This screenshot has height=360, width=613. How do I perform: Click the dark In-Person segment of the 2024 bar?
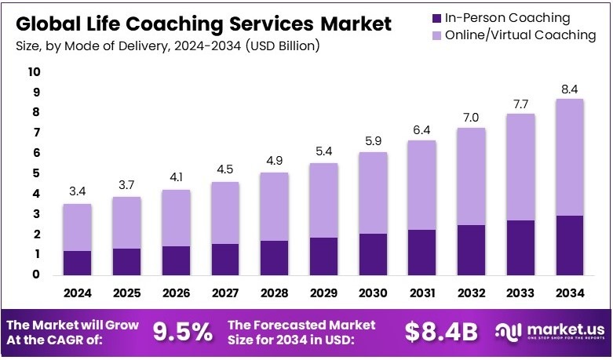77,263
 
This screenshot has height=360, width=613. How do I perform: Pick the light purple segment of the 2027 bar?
224,213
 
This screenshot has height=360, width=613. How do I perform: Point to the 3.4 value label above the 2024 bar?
77,190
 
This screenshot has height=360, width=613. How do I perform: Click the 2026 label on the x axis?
175,294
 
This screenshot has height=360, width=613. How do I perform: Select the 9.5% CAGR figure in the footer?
181,332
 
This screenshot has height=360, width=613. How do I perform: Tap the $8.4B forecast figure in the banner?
441,332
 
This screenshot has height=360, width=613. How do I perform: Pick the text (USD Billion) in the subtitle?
283,46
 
